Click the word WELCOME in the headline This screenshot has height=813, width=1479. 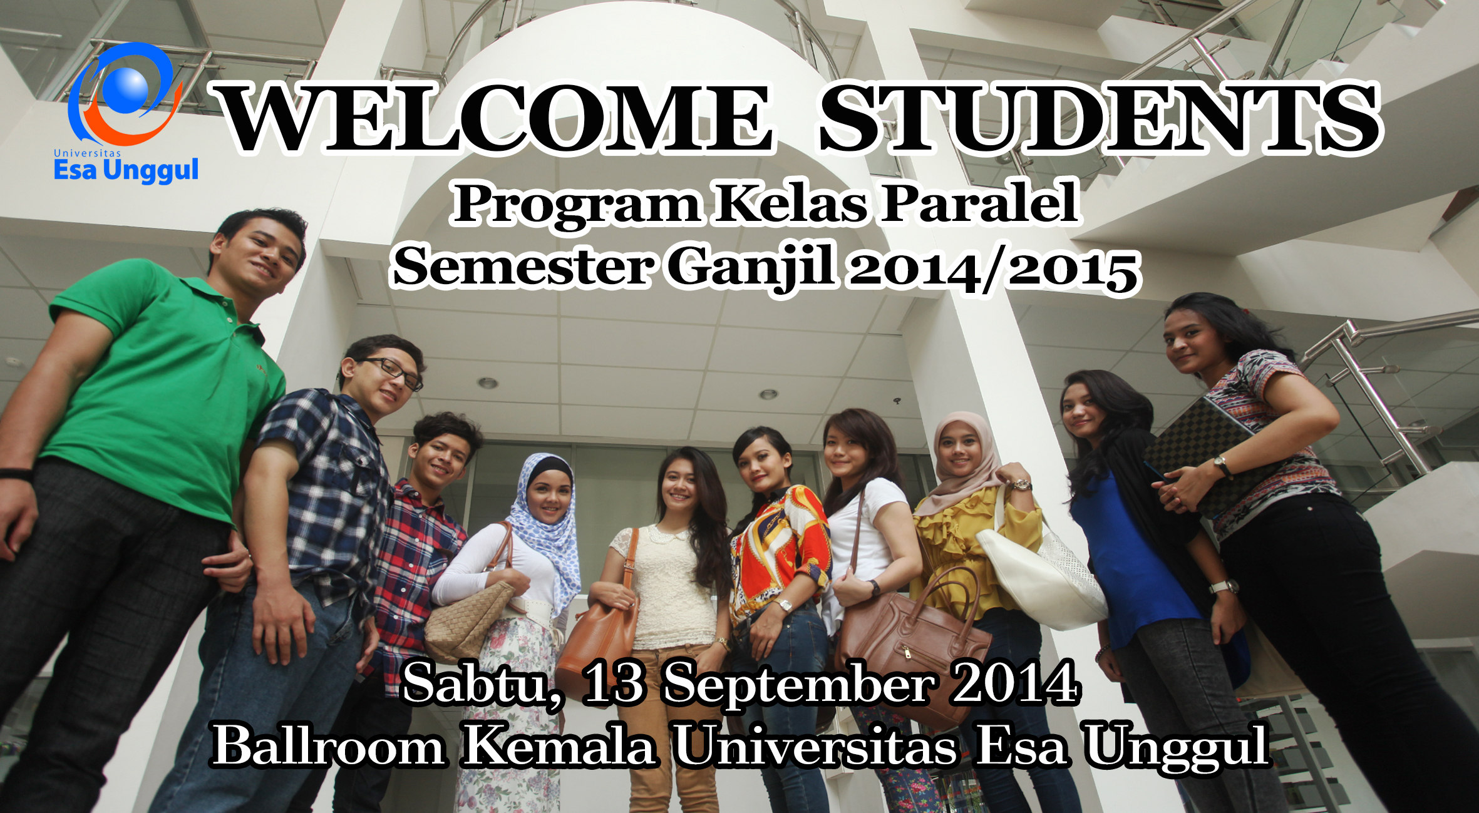[495, 118]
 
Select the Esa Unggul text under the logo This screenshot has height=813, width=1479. [126, 170]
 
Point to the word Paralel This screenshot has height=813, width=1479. [981, 202]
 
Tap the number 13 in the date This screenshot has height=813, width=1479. [613, 683]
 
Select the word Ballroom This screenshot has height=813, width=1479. [329, 745]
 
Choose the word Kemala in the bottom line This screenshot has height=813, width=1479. [560, 745]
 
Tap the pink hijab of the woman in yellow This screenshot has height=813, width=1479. [964, 460]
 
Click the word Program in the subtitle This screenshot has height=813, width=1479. [576, 204]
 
